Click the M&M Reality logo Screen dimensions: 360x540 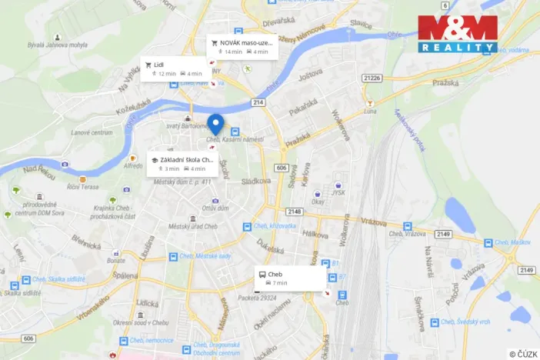coord(458,34)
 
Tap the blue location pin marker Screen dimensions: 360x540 coord(216,123)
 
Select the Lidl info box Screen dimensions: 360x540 coord(165,68)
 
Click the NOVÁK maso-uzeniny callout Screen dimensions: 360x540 coord(241,46)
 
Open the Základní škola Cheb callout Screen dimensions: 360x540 coord(182,163)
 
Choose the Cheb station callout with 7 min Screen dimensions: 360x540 coord(288,278)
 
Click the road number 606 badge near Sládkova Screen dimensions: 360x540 coord(282,168)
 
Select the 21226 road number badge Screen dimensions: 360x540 coord(372,78)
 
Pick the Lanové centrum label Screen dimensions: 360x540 coord(92,132)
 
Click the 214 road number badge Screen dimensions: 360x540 coord(258,102)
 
